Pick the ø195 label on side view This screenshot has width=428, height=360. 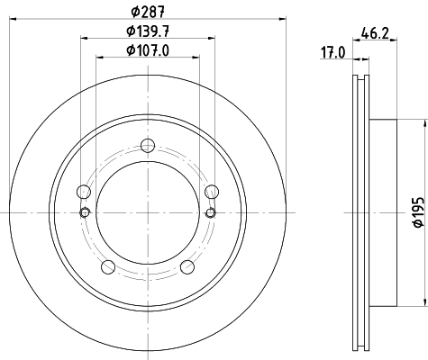click(416, 212)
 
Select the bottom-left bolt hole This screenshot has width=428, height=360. click(108, 265)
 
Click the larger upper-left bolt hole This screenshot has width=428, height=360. click(84, 191)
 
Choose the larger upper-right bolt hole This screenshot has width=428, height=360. click(212, 191)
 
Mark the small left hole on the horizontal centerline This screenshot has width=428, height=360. click(85, 212)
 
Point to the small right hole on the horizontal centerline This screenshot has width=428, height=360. click(211, 212)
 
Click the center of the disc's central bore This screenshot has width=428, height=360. click(148, 212)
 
